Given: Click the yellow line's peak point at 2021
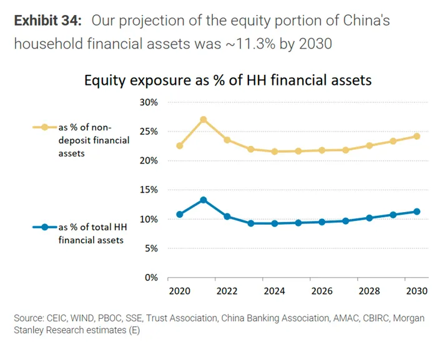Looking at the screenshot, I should pos(204,119).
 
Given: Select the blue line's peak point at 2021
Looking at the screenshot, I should pos(204,200).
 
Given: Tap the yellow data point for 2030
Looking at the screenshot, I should pos(416,136).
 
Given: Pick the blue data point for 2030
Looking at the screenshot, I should pos(416,212).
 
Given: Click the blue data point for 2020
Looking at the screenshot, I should pos(180,215).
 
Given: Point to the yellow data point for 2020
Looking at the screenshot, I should pos(180,146).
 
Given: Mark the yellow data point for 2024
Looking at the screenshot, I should pos(275,152).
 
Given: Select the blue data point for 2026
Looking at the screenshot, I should pos(322,221).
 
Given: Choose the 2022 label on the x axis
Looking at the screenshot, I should pos(227,291).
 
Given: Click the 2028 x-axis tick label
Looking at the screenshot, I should pos(369,291).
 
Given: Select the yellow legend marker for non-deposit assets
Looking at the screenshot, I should pos(44,127).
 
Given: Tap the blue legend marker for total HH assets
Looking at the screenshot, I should pos(44,227).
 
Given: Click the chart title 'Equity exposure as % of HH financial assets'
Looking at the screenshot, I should pos(228,80).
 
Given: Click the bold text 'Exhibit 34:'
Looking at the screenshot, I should pos(48,21).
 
